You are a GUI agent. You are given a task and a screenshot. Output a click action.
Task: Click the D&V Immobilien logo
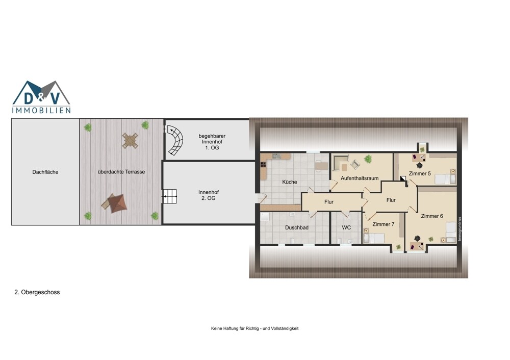pyautogui.click(x=41, y=97)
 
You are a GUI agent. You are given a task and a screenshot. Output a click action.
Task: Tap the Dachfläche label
pyautogui.click(x=45, y=172)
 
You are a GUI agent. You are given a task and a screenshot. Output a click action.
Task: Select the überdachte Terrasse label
pyautogui.click(x=121, y=172)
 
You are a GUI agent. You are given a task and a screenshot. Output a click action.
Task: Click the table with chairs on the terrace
pyautogui.click(x=130, y=140)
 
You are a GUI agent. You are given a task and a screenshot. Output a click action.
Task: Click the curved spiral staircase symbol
pyautogui.click(x=175, y=141)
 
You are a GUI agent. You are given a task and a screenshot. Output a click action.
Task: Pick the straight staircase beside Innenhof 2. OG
pyautogui.click(x=169, y=196)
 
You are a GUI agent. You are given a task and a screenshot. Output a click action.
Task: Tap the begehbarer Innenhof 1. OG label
pyautogui.click(x=212, y=142)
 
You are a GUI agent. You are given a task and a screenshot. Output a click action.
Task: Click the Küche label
pyautogui.click(x=290, y=182)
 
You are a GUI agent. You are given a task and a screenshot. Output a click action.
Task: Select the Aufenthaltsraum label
pyautogui.click(x=360, y=178)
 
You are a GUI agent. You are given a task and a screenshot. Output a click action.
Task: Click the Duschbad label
pyautogui.click(x=297, y=227)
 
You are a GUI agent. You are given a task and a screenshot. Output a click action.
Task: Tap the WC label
pyautogui.click(x=346, y=227)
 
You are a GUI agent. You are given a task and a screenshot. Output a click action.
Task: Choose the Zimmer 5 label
pyautogui.click(x=420, y=174)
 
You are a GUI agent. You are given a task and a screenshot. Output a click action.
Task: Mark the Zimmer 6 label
pyautogui.click(x=432, y=216)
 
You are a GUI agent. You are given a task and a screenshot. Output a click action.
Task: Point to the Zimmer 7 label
pyautogui.click(x=384, y=224)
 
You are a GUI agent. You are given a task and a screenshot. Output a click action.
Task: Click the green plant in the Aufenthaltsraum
pyautogui.click(x=368, y=159)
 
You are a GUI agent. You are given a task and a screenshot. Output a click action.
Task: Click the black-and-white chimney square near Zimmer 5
pyautogui.click(x=403, y=178)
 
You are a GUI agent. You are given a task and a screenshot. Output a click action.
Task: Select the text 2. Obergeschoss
pyautogui.click(x=37, y=292)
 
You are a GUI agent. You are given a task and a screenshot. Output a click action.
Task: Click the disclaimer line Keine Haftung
pyautogui.click(x=254, y=328)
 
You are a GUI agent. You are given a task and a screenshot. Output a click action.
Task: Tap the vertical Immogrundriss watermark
pyautogui.click(x=460, y=229)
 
